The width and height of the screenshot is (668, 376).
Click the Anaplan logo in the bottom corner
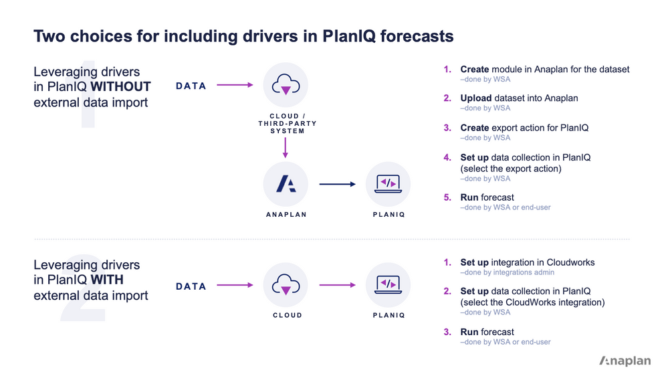pyautogui.click(x=625, y=361)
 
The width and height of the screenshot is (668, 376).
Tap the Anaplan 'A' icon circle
pyautogui.click(x=286, y=184)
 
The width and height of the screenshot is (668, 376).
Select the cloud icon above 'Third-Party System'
pyautogui.click(x=286, y=85)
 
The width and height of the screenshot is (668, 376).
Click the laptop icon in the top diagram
pyautogui.click(x=388, y=184)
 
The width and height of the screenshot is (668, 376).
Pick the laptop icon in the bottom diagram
pyautogui.click(x=388, y=285)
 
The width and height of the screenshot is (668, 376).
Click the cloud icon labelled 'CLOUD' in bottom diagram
pyautogui.click(x=286, y=286)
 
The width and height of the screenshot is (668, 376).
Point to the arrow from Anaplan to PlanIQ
pyautogui.click(x=337, y=185)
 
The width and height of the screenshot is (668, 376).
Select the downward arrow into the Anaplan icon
pyautogui.click(x=286, y=147)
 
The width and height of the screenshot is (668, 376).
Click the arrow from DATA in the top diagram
pyautogui.click(x=235, y=85)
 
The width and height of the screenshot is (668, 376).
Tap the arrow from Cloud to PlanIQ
pyautogui.click(x=337, y=286)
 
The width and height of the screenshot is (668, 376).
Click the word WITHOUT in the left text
pyautogui.click(x=120, y=87)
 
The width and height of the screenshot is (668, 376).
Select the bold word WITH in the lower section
pyautogui.click(x=106, y=280)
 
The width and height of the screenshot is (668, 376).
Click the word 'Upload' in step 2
pyautogui.click(x=475, y=98)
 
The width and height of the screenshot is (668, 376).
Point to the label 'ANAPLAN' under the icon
pyautogui.click(x=286, y=215)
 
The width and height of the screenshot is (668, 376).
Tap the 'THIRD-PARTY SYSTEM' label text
pyautogui.click(x=287, y=127)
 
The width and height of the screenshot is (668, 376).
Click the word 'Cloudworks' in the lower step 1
pyautogui.click(x=570, y=262)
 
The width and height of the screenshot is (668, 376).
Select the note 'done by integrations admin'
pyautogui.click(x=508, y=272)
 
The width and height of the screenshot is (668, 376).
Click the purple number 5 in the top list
pyautogui.click(x=448, y=198)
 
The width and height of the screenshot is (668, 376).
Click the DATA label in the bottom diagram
pyautogui.click(x=191, y=286)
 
